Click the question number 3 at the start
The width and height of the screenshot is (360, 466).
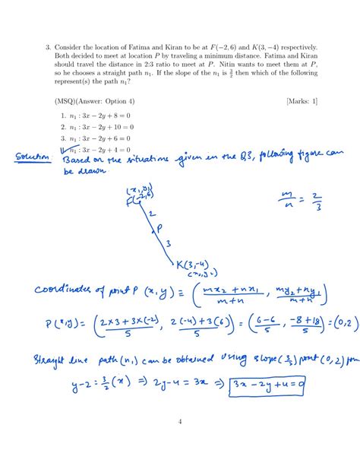[x=49, y=47]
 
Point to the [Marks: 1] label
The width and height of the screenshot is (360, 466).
[x=302, y=100]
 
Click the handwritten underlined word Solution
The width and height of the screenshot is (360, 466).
[x=33, y=157]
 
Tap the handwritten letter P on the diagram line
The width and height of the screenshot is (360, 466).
[x=158, y=227]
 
